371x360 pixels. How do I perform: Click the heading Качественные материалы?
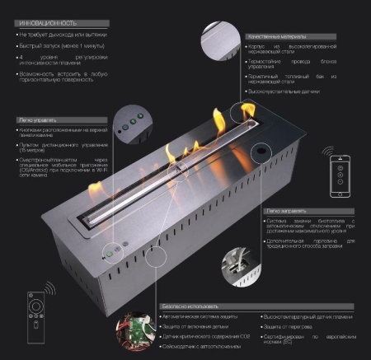[x=280, y=37]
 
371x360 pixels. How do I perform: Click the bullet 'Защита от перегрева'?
[x=288, y=326]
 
